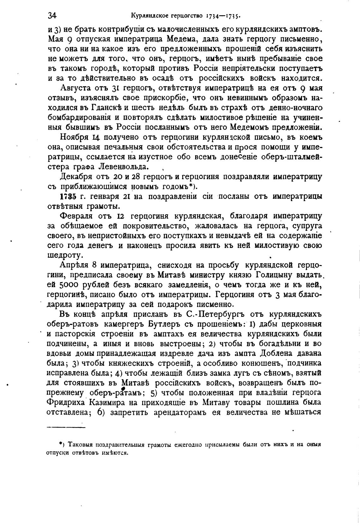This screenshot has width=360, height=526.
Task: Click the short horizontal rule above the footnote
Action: tap(66, 428)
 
